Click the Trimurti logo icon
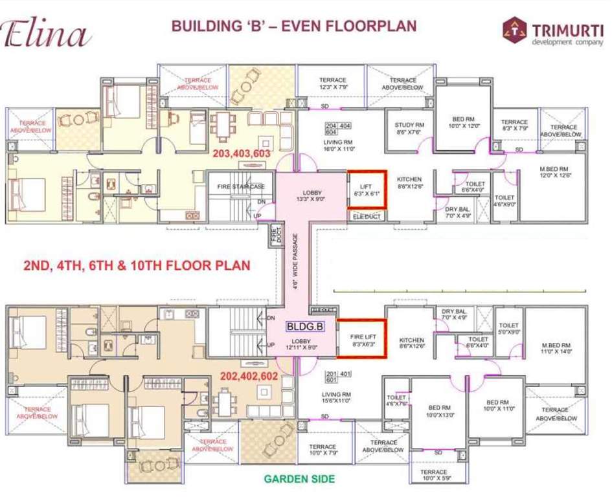pyautogui.click(x=514, y=29)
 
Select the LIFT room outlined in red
pyautogui.click(x=367, y=189)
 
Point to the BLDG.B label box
pyautogui.click(x=304, y=327)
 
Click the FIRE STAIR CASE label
pyautogui.click(x=241, y=186)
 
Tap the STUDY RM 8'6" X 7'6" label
pyautogui.click(x=409, y=129)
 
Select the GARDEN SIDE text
pyautogui.click(x=299, y=479)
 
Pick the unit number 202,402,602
pyautogui.click(x=249, y=375)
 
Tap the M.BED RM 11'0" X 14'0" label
pyautogui.click(x=556, y=349)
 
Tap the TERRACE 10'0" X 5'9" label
pyautogui.click(x=433, y=476)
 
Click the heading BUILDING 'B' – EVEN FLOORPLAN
pyautogui.click(x=293, y=27)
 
